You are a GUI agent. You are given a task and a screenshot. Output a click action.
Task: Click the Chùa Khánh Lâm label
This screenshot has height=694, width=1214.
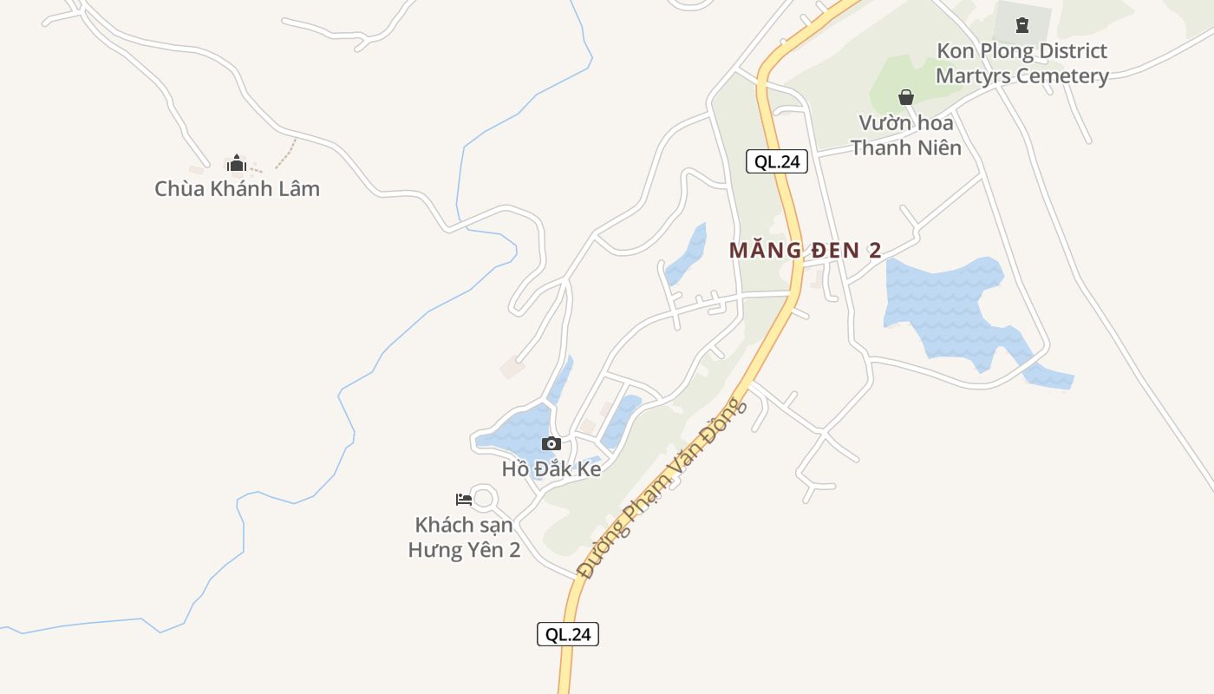[x=237, y=188]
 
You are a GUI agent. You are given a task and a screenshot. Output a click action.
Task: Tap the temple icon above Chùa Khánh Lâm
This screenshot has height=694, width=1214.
[x=237, y=163]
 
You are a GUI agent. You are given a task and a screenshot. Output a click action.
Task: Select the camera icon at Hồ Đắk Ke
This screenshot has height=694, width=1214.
[x=551, y=444]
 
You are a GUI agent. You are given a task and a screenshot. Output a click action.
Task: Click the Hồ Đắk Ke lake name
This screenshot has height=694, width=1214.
[x=551, y=468]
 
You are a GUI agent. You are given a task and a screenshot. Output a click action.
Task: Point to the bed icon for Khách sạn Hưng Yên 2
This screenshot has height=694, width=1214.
[x=464, y=499]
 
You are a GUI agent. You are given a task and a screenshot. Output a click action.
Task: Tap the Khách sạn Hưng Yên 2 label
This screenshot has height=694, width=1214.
[x=464, y=537]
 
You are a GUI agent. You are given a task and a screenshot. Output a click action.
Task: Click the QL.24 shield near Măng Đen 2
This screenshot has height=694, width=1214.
[x=777, y=161]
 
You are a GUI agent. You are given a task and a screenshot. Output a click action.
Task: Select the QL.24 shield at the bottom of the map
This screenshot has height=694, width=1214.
[x=568, y=634]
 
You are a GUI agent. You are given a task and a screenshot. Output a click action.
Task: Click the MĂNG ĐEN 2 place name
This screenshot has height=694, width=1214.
[x=805, y=251]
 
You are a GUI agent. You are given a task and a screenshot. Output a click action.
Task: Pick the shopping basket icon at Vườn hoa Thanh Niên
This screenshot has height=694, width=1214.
[x=906, y=97]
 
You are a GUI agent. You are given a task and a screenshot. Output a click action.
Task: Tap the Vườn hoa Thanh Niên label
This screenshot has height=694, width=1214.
[x=906, y=134]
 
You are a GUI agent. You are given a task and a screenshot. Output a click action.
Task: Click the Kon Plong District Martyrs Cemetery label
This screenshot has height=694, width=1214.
[x=1021, y=63]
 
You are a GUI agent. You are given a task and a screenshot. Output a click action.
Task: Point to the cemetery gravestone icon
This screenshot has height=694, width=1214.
[x=1022, y=25]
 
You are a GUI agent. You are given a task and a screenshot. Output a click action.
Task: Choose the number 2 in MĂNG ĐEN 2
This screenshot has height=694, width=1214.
[x=874, y=251]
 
